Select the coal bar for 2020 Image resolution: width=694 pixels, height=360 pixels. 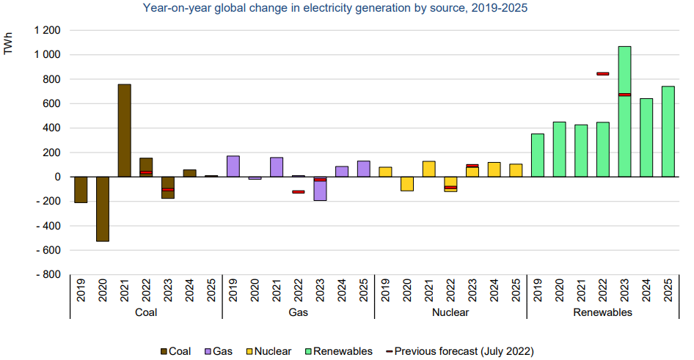click(103, 209)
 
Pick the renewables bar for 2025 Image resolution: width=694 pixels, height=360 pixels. click(668, 132)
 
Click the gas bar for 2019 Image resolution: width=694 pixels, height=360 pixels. click(233, 166)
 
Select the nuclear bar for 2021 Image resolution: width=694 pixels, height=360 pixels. click(429, 169)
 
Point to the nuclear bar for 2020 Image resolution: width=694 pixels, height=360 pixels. click(407, 184)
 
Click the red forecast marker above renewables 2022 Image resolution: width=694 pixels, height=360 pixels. click(602, 74)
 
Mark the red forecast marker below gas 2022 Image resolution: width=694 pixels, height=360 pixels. click(298, 192)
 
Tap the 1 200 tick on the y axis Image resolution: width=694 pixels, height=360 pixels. click(46, 31)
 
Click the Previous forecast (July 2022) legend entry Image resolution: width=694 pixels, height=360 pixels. click(458, 351)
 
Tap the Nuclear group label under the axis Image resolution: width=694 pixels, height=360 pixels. click(450, 312)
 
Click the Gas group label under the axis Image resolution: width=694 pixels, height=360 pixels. click(298, 312)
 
